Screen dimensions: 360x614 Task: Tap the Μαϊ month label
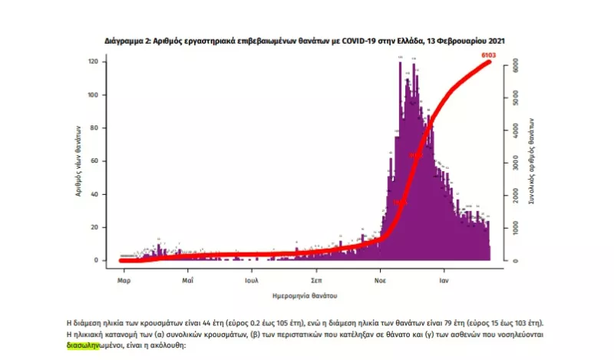(x=187, y=281)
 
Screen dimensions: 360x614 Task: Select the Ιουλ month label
(x=251, y=281)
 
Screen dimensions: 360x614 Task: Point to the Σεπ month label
(x=316, y=281)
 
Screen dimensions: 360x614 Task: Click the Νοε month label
(x=381, y=281)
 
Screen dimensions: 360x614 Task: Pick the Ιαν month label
(x=444, y=281)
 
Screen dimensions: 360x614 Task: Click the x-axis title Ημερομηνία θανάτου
(x=305, y=296)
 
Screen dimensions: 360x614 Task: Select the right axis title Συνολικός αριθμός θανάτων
(x=532, y=161)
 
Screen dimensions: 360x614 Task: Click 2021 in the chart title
(x=495, y=39)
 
